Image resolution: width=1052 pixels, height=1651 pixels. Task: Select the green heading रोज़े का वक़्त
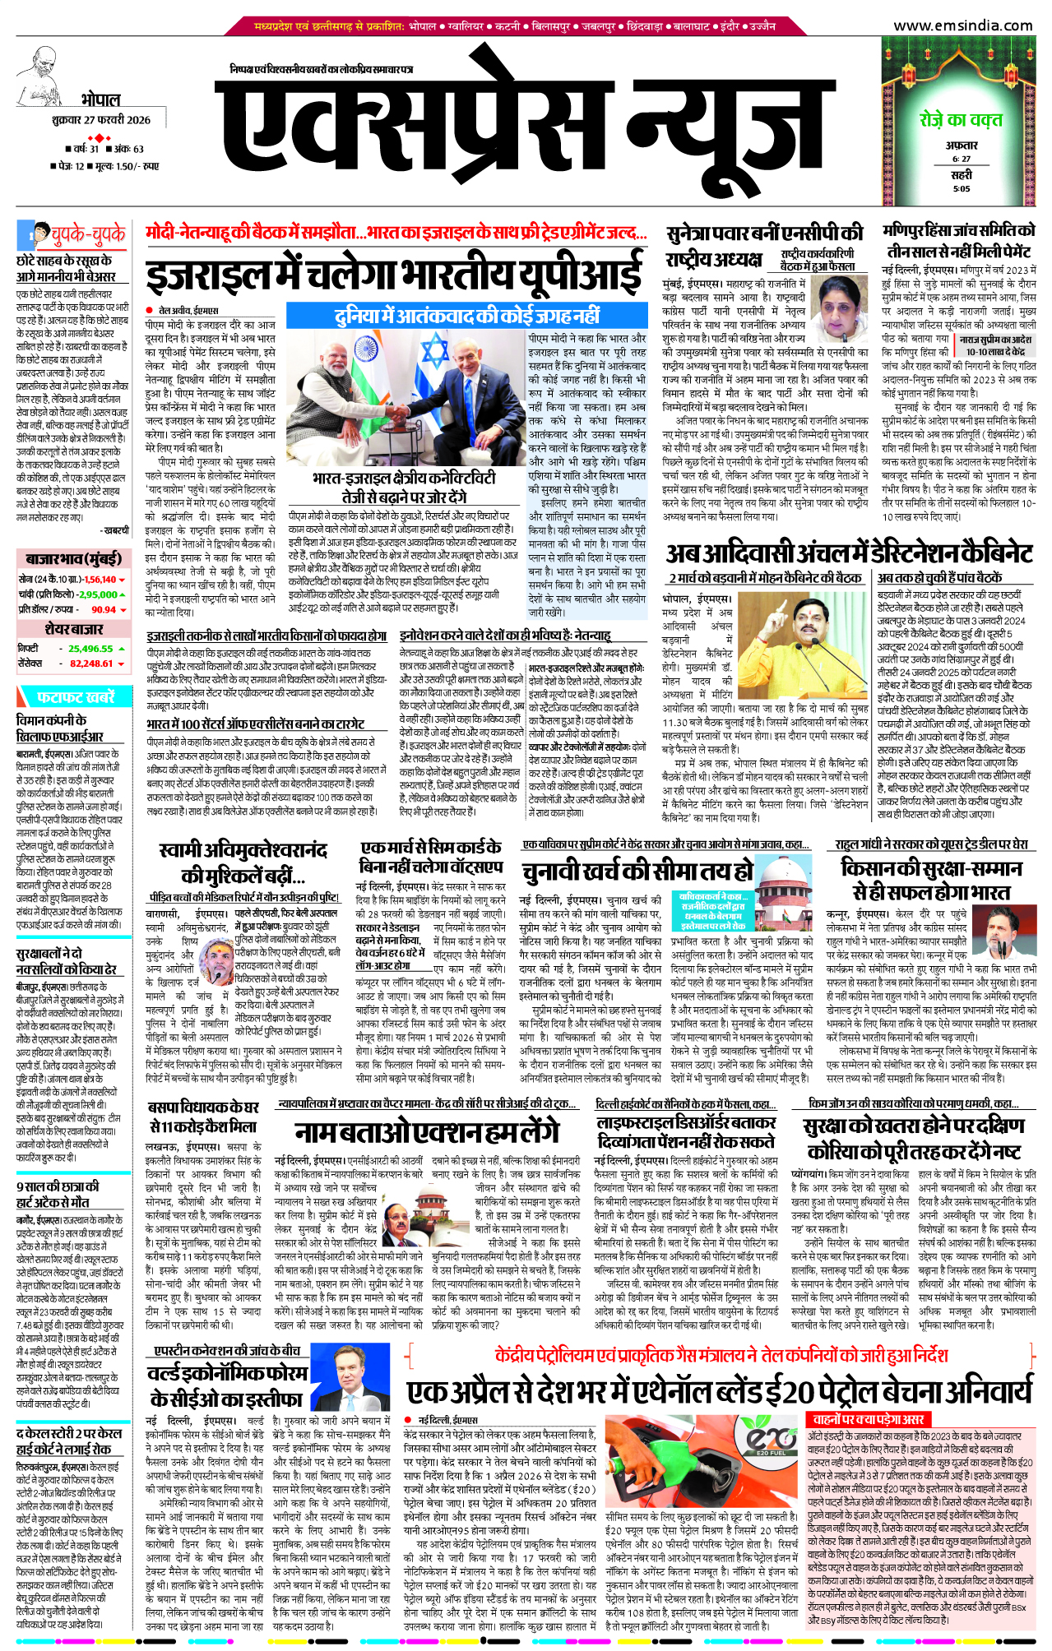coord(961,119)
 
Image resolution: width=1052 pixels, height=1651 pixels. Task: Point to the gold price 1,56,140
coord(100,580)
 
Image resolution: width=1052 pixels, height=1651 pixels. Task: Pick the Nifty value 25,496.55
coord(90,649)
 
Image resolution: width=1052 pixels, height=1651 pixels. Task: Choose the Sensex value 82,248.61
coord(91,664)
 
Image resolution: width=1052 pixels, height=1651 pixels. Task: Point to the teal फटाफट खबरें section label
coord(74,697)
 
